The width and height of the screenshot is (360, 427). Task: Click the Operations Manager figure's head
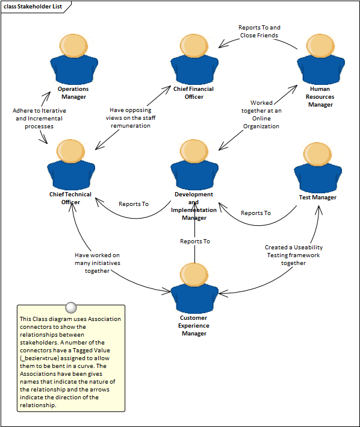tap(73, 46)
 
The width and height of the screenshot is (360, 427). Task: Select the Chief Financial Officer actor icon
tap(194, 59)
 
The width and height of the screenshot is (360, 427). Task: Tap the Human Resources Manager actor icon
tap(320, 59)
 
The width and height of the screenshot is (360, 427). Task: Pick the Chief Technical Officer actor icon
tap(71, 164)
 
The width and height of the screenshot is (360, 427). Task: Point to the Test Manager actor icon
tap(318, 167)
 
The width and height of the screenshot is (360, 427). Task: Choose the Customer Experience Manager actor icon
tap(194, 288)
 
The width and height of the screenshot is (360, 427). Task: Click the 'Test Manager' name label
tap(317, 198)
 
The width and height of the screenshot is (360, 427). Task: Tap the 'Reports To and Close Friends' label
tap(259, 31)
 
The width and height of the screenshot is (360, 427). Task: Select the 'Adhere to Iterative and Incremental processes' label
tap(39, 119)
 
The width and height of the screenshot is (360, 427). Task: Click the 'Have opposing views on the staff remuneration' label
tap(131, 118)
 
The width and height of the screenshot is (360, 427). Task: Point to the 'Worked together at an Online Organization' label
tap(261, 114)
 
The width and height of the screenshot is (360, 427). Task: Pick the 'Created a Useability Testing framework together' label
tap(294, 255)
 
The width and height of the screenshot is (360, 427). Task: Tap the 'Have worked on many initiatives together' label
tap(98, 263)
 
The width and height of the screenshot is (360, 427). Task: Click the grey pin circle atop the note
tap(71, 307)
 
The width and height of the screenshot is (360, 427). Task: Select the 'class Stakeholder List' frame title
tap(33, 7)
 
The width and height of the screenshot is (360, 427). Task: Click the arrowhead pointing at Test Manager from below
tap(318, 209)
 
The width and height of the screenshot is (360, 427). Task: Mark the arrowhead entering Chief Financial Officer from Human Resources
tap(223, 43)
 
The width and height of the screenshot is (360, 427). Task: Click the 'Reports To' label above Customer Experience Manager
tap(195, 242)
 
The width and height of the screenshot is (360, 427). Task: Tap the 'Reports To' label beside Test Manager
tap(256, 213)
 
